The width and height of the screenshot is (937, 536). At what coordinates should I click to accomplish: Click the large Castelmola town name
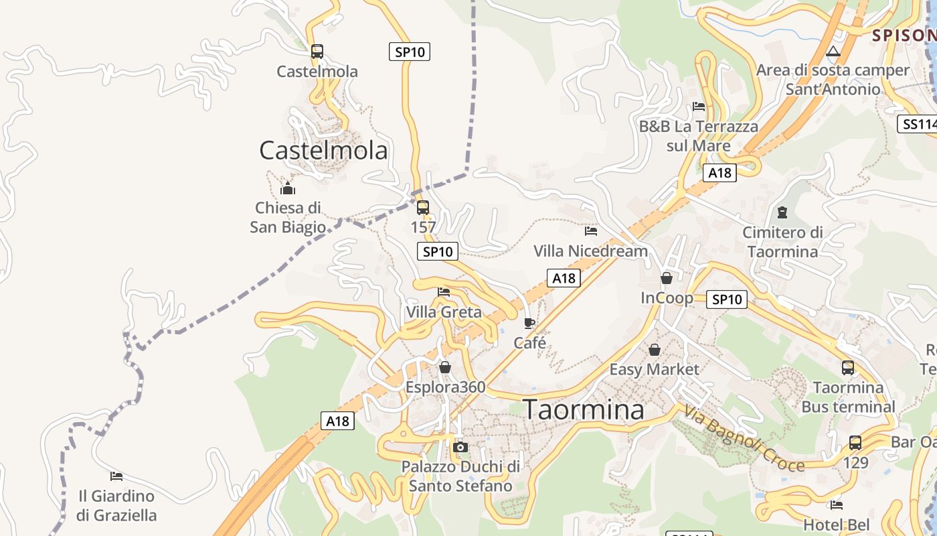click(x=323, y=150)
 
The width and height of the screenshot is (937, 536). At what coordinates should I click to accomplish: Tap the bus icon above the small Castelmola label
click(x=317, y=52)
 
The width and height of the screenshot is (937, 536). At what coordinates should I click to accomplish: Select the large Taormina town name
click(x=583, y=409)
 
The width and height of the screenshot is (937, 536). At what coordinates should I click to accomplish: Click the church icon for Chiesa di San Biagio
click(x=288, y=188)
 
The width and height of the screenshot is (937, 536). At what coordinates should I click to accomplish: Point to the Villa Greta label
click(x=444, y=312)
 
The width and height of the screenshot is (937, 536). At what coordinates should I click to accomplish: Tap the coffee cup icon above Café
click(x=529, y=324)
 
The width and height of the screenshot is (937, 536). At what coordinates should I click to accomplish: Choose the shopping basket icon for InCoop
click(x=667, y=278)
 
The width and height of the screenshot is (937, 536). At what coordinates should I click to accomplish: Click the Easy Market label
click(x=654, y=369)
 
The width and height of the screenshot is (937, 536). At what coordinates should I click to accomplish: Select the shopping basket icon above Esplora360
click(x=445, y=368)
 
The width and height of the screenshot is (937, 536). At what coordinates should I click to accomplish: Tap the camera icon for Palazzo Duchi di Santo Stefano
click(x=460, y=447)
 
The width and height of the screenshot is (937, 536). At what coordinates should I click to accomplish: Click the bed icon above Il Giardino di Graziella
click(x=116, y=476)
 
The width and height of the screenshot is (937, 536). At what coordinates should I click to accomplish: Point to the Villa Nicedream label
click(x=590, y=251)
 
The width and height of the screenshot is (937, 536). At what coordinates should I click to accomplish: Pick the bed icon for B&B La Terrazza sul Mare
click(x=699, y=107)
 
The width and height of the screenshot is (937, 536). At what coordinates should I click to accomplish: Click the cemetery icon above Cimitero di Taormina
click(x=782, y=213)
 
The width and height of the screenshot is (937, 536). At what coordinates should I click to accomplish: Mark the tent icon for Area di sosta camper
click(x=833, y=51)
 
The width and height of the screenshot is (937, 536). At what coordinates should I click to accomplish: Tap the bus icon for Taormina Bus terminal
click(x=848, y=368)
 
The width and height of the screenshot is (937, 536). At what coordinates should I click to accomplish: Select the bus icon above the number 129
click(x=855, y=443)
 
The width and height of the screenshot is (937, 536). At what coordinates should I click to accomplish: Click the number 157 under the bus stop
click(x=423, y=228)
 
